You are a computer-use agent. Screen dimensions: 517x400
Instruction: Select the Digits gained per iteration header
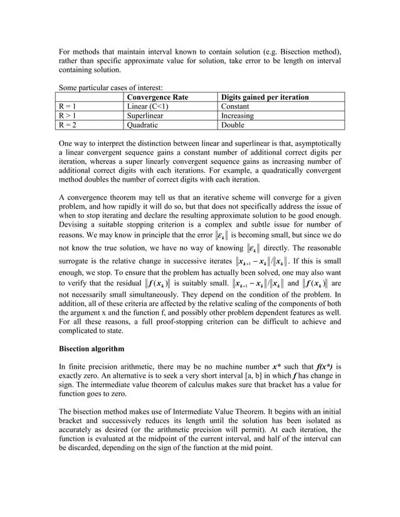263,98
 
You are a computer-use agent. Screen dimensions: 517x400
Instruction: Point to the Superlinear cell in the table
145,116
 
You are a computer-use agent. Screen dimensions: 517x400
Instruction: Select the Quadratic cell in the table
143,125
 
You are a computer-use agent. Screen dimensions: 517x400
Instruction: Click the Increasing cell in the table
237,116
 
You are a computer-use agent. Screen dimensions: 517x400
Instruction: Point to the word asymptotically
313,143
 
